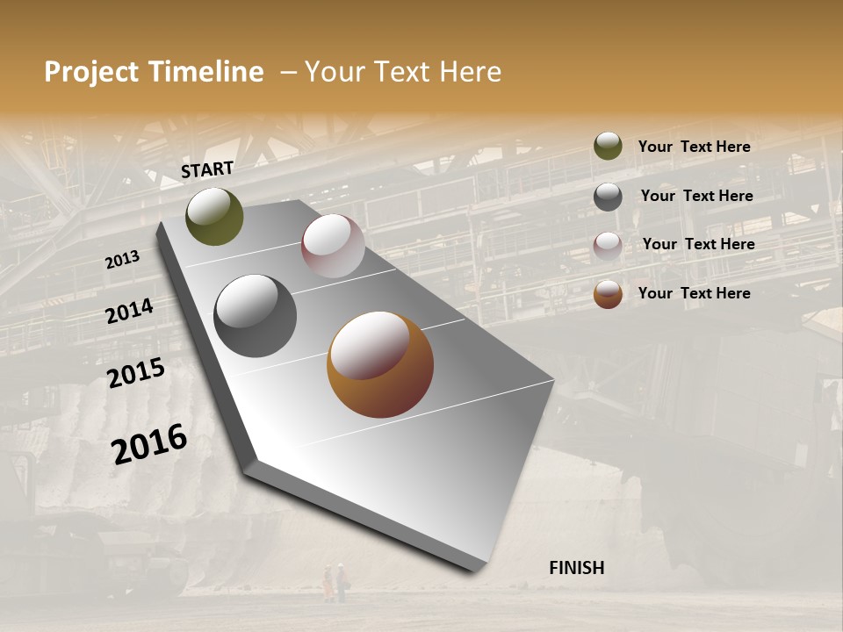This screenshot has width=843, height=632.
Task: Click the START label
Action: click(x=207, y=169)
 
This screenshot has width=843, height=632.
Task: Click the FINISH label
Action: click(x=576, y=568)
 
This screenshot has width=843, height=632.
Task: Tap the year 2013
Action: click(x=122, y=259)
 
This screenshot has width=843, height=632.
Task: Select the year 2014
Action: click(x=129, y=312)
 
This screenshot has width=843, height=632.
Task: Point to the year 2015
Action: click(x=136, y=373)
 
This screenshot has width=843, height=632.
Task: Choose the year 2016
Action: click(x=149, y=443)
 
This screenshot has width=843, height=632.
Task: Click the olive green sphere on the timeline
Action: click(x=214, y=216)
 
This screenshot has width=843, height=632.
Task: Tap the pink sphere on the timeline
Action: click(x=333, y=246)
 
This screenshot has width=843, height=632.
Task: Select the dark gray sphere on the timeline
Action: click(x=256, y=316)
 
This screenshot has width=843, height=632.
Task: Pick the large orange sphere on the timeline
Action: click(x=380, y=364)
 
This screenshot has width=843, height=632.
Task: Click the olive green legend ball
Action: click(x=608, y=146)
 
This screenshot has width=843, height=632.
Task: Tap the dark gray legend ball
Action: click(x=608, y=197)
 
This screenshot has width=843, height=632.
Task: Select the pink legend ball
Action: click(x=608, y=246)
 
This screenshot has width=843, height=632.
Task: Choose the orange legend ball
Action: click(x=608, y=294)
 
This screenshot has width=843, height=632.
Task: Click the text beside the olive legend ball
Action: click(x=694, y=147)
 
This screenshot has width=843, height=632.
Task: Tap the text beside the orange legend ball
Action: click(x=694, y=293)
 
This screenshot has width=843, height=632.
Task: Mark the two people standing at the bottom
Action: click(x=334, y=582)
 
